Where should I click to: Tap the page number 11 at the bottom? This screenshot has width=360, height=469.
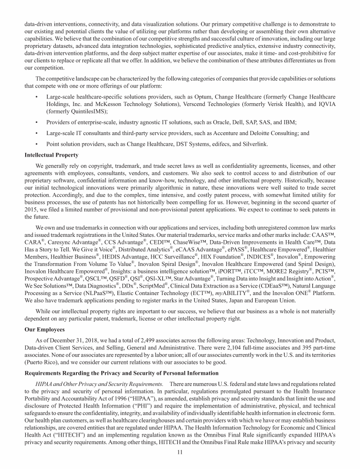point(180,452)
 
